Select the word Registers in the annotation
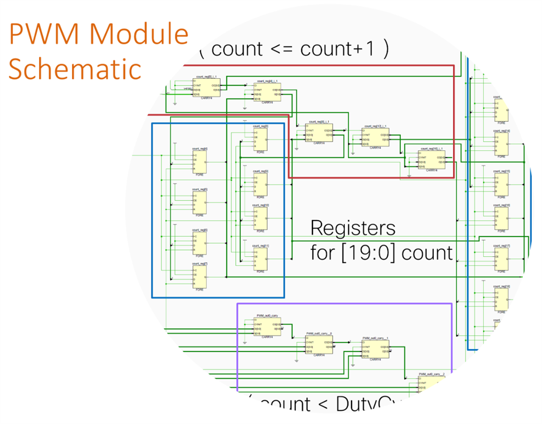click(353, 228)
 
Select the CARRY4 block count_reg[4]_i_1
click(268, 92)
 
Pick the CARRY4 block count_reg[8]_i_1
click(318, 134)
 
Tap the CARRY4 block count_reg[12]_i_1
click(376, 138)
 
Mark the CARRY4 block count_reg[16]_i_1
click(431, 159)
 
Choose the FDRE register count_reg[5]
click(199, 202)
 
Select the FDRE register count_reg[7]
click(199, 277)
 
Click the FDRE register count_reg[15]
click(501, 184)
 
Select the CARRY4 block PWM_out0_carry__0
click(319, 345)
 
